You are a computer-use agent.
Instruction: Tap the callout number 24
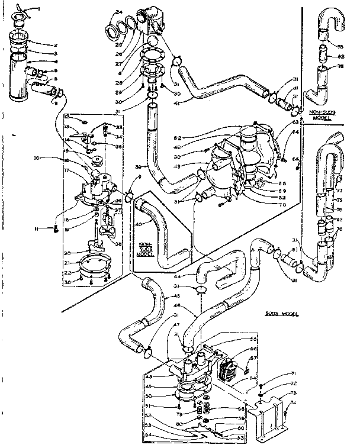pos(119,12)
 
